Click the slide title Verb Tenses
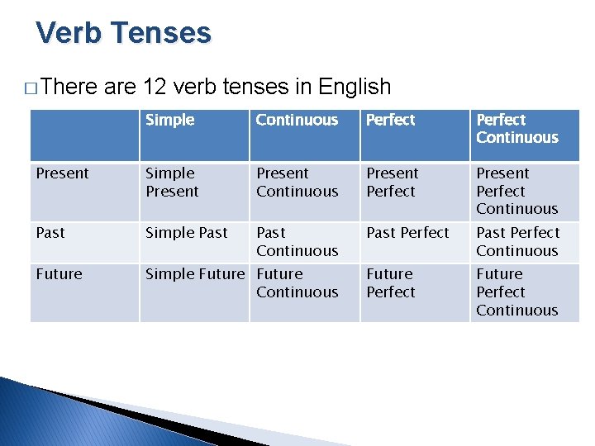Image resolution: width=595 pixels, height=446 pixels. (x=124, y=33)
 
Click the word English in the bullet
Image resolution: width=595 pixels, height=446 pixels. (x=354, y=87)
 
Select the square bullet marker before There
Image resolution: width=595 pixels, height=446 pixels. (x=31, y=88)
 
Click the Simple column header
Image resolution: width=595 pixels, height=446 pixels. (x=170, y=121)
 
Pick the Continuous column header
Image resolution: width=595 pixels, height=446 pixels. (x=297, y=121)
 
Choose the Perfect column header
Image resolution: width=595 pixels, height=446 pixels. (x=390, y=121)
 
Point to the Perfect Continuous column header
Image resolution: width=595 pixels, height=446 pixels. (x=516, y=129)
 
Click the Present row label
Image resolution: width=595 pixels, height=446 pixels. (x=62, y=173)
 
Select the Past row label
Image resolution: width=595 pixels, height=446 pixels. (x=50, y=233)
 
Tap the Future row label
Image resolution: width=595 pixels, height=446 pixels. (x=59, y=274)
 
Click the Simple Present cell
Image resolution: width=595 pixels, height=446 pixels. (x=172, y=183)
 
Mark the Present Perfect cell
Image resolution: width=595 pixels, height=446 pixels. (x=393, y=183)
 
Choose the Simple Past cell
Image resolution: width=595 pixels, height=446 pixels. (x=186, y=233)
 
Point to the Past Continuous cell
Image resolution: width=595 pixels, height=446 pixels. (x=297, y=242)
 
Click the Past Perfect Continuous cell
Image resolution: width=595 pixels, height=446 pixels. (x=517, y=242)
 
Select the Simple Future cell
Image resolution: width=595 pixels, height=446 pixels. (x=195, y=274)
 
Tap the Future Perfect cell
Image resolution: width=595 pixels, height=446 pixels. (x=390, y=283)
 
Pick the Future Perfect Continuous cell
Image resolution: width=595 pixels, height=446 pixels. (x=516, y=292)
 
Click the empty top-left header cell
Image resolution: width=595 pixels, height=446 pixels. (x=84, y=130)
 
